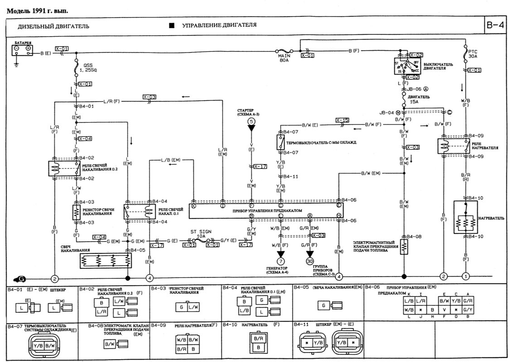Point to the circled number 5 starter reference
pyautogui.click(x=251, y=122)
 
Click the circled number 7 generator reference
pyautogui.click(x=280, y=261)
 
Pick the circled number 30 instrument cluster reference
pyautogui.click(x=310, y=261)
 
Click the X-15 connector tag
pyautogui.click(x=342, y=120)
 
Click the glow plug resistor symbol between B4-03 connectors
pyautogui.click(x=76, y=212)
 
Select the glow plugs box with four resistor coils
pyautogui.click(x=106, y=261)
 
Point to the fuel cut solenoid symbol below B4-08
pyautogui.click(x=404, y=247)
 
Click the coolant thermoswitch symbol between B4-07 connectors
pyautogui.click(x=281, y=142)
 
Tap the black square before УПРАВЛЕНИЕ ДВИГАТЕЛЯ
pyautogui.click(x=171, y=26)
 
